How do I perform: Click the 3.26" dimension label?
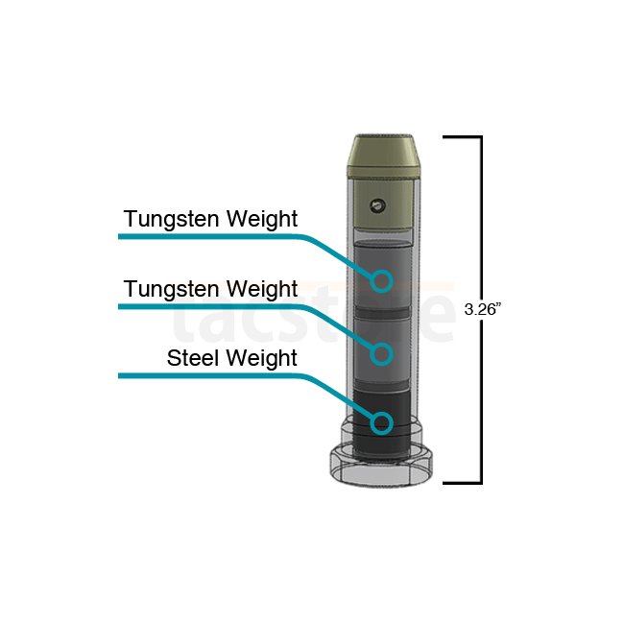(x=480, y=309)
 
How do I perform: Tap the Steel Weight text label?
(x=232, y=358)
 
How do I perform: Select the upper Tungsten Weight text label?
(x=210, y=219)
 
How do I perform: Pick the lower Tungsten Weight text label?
(x=210, y=289)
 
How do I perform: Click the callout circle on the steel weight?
(x=382, y=423)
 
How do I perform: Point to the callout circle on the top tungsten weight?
(x=382, y=281)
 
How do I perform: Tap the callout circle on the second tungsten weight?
(x=382, y=353)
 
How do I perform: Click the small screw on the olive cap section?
(x=377, y=205)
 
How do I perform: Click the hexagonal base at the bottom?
(x=381, y=465)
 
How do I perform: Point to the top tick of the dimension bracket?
(x=463, y=137)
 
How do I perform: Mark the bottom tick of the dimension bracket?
(x=463, y=483)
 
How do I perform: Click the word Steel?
(x=193, y=358)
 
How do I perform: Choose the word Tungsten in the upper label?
(x=172, y=220)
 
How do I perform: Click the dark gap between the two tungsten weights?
(x=381, y=312)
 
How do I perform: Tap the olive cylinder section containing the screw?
(x=382, y=204)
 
